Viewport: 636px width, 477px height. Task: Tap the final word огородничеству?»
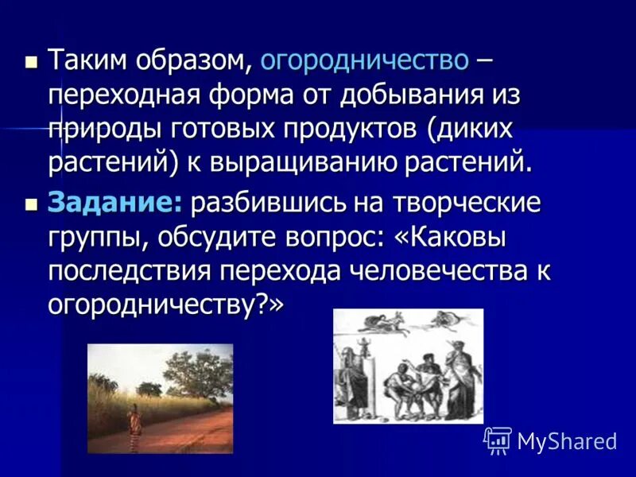[166, 304]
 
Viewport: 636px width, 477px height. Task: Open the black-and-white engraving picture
[408, 366]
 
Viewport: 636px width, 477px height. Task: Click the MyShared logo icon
[498, 440]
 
